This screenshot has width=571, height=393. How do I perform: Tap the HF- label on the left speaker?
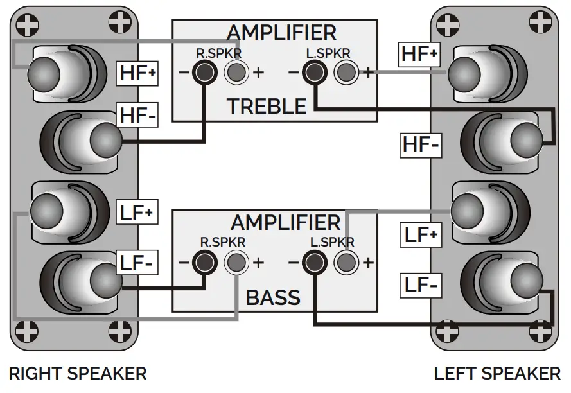(x=421, y=145)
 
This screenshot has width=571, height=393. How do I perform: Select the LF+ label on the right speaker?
(x=137, y=213)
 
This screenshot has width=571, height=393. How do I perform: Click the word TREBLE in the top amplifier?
(x=267, y=106)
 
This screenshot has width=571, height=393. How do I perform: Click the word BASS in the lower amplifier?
(x=273, y=297)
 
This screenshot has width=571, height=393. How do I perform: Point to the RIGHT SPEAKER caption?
(x=78, y=373)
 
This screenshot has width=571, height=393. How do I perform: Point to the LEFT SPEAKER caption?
(x=496, y=373)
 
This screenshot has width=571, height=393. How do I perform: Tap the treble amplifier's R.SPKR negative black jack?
(x=205, y=72)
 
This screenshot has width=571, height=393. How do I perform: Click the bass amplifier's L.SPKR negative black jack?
(x=313, y=262)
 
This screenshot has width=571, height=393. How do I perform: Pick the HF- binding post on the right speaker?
(x=103, y=139)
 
